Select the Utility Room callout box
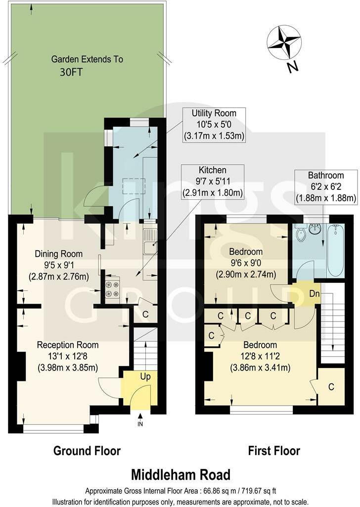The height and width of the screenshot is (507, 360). (x=214, y=125)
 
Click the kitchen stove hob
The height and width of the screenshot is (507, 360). (x=112, y=289)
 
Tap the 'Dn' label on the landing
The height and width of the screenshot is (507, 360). (x=307, y=293)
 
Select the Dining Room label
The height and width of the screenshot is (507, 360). (x=53, y=254)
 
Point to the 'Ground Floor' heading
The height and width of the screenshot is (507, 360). (x=87, y=451)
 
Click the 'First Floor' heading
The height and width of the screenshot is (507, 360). (x=273, y=451)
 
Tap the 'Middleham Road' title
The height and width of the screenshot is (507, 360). (x=180, y=475)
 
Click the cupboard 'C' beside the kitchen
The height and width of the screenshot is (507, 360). (x=145, y=313)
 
